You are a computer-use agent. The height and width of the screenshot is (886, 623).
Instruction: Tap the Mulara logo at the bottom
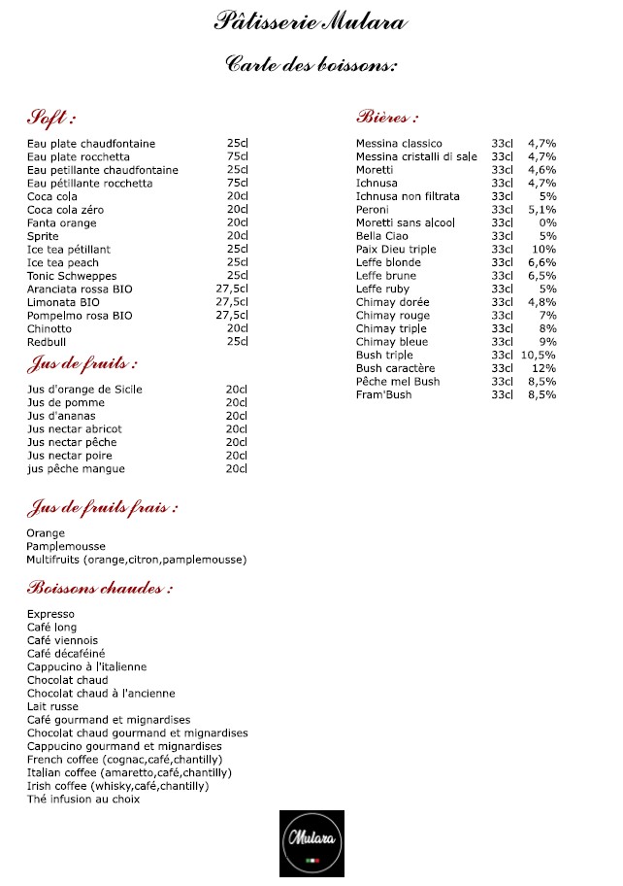311,841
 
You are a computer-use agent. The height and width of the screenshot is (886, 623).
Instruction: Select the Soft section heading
50,119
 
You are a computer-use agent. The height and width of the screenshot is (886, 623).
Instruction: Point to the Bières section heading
387,119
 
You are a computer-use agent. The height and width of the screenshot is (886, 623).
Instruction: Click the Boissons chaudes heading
100,589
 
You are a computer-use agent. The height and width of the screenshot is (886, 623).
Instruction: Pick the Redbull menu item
47,342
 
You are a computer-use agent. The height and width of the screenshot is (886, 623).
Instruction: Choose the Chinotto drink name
49,328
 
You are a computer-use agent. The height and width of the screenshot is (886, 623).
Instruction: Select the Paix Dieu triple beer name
396,250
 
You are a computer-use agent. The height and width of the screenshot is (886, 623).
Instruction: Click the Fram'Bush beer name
383,395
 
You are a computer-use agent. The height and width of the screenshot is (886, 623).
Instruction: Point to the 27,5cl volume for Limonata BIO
232,302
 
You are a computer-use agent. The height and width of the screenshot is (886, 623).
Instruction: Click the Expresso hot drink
50,614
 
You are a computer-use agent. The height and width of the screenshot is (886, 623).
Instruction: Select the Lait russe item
52,706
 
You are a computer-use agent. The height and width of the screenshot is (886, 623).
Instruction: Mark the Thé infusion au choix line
83,800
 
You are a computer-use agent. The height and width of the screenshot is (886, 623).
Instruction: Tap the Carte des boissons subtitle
311,65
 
